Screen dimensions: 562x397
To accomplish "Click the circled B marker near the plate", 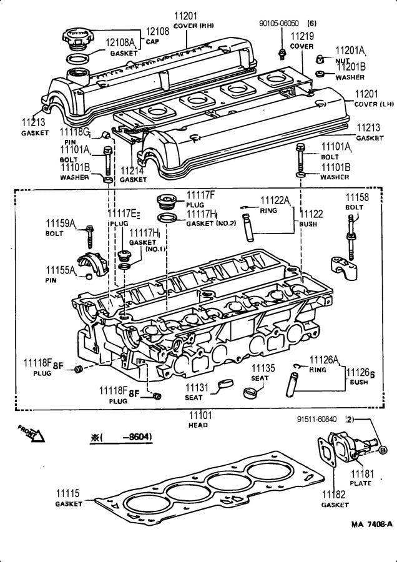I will click(x=383, y=450).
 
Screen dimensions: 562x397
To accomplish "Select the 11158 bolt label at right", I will click(x=358, y=198).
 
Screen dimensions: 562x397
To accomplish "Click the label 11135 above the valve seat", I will click(x=263, y=368).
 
